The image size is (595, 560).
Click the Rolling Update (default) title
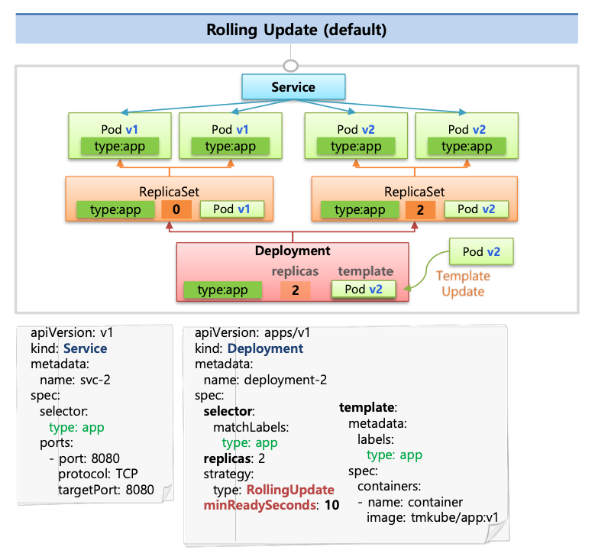coord(296,30)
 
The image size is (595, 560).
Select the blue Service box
coord(293,87)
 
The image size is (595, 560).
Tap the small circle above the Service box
coord(291,66)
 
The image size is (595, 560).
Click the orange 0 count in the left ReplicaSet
coord(176,209)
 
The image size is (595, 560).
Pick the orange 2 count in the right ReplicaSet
coord(420,209)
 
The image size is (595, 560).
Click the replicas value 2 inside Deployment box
coord(296,290)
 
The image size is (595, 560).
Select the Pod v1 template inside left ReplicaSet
coord(232,209)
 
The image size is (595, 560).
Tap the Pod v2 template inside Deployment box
coord(364,290)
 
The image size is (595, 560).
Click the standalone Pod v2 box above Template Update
coord(481,251)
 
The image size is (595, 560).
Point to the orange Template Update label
coord(463,283)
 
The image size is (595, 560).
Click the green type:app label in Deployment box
coord(223,290)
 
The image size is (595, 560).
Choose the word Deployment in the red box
coord(293,251)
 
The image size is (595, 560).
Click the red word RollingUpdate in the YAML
coord(290,490)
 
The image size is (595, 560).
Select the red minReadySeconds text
coord(260,505)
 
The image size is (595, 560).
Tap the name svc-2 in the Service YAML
coord(75,380)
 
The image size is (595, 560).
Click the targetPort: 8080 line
coord(106,490)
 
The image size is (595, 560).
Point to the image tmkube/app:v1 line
coord(432,517)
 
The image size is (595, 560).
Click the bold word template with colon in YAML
coord(368,407)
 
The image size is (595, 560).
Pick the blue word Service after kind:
coord(85,348)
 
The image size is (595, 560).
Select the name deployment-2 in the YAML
coord(265,380)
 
